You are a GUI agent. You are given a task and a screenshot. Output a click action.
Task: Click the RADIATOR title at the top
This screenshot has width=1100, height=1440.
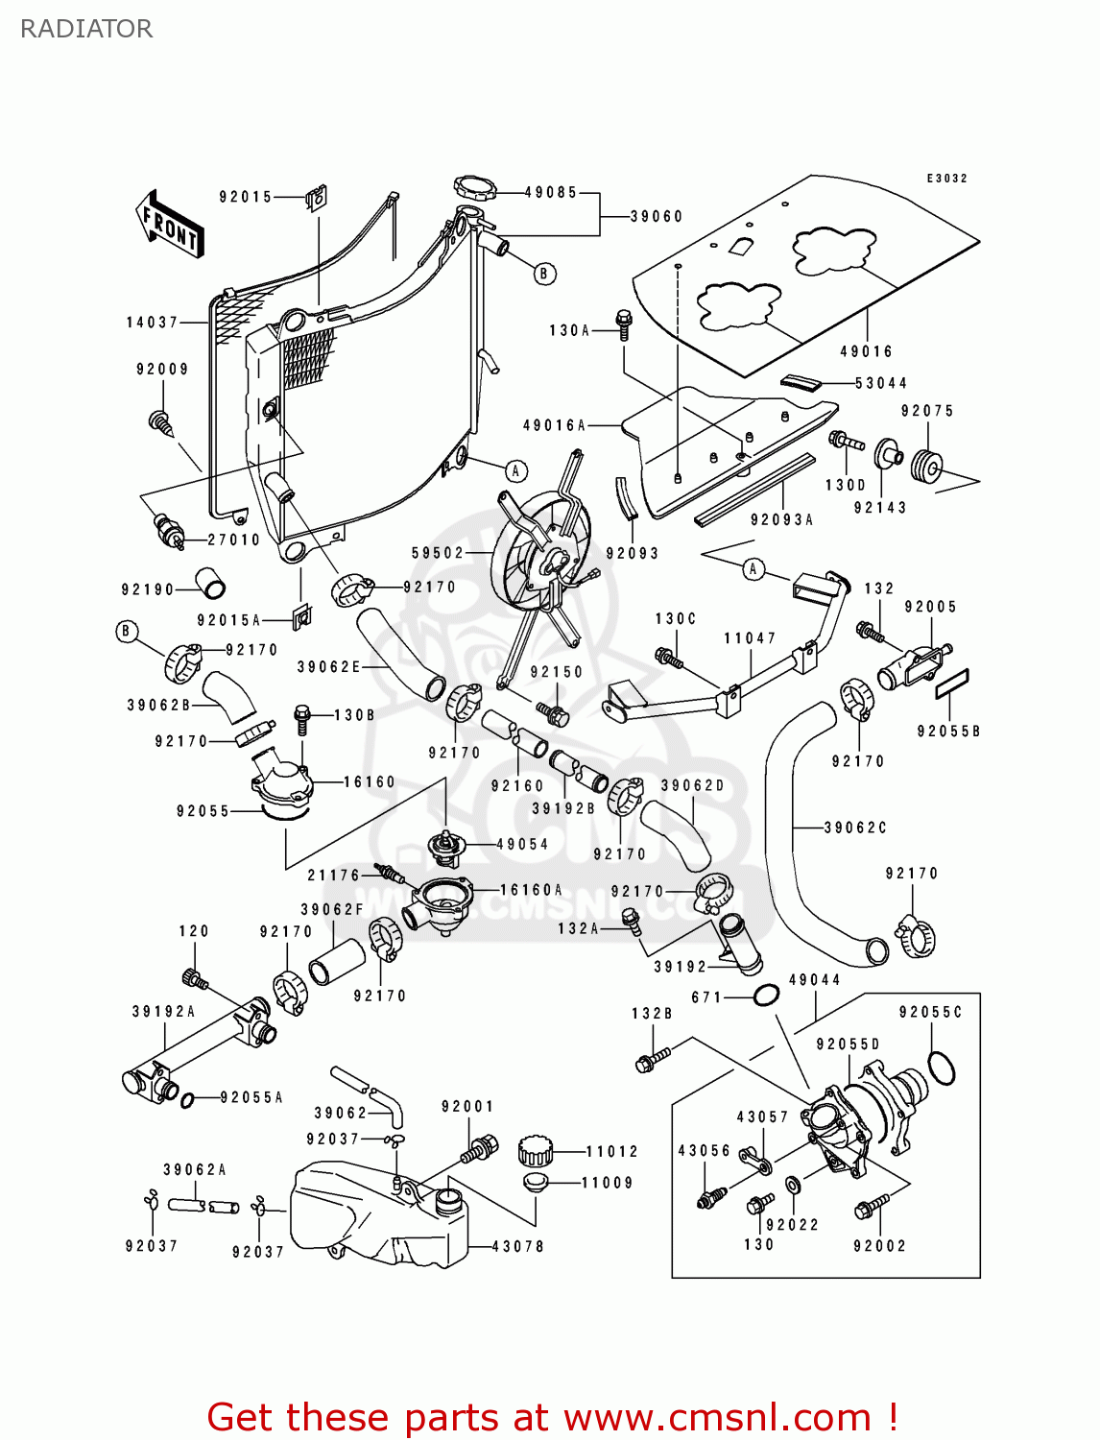click(86, 29)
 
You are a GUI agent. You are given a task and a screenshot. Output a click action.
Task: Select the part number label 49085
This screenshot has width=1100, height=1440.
click(550, 193)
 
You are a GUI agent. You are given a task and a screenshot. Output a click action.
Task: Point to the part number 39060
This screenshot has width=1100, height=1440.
click(657, 217)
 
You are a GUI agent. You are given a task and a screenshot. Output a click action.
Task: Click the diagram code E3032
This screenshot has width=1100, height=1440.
click(946, 179)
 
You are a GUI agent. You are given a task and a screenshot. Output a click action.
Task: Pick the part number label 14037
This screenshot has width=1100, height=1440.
click(153, 323)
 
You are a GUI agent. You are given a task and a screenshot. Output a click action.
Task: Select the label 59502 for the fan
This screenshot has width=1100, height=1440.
click(438, 553)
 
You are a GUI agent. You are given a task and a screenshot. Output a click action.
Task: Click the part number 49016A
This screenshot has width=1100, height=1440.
click(554, 425)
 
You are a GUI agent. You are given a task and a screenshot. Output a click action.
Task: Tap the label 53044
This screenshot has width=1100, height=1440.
click(880, 383)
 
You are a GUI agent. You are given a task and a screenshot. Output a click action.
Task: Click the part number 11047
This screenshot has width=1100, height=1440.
click(750, 638)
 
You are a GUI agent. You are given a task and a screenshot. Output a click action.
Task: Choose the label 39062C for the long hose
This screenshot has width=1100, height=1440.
click(855, 828)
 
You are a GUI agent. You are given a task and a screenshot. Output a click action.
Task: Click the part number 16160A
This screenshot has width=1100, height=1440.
click(531, 890)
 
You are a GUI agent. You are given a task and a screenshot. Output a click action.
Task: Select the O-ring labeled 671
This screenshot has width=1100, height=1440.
click(765, 996)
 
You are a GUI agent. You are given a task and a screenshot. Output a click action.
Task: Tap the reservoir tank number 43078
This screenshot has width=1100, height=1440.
click(517, 1246)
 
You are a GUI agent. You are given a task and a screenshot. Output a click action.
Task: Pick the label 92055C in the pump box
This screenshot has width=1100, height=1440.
click(930, 1013)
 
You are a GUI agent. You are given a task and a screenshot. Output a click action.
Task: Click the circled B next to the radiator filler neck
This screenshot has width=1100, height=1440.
click(544, 274)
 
